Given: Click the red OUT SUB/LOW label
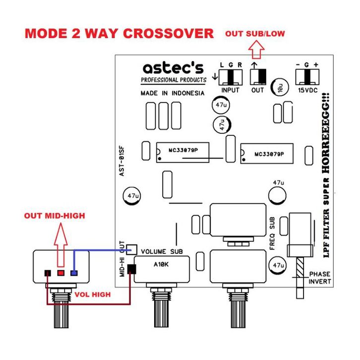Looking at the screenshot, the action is pyautogui.click(x=255, y=34).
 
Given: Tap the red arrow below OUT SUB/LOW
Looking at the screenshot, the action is pyautogui.click(x=256, y=50).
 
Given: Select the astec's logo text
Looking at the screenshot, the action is pyautogui.click(x=173, y=68).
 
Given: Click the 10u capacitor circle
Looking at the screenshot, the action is pyautogui.click(x=279, y=87).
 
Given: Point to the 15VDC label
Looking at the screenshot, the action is pyautogui.click(x=307, y=90).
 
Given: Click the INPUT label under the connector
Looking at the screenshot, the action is pyautogui.click(x=230, y=90).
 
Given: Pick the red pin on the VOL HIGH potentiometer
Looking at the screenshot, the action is pyautogui.click(x=61, y=273).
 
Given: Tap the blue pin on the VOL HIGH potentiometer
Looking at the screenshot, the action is pyautogui.click(x=74, y=273).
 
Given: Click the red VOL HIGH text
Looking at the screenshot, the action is pyautogui.click(x=93, y=295).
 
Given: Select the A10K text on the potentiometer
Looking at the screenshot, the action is pyautogui.click(x=161, y=264).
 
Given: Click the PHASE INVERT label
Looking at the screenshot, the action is pyautogui.click(x=320, y=278).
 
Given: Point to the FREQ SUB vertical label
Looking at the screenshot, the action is pyautogui.click(x=272, y=233).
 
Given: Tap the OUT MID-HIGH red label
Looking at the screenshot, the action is pyautogui.click(x=55, y=216).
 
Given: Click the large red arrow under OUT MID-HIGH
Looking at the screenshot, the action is pyautogui.click(x=61, y=245).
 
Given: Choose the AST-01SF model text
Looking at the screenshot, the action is pyautogui.click(x=121, y=161).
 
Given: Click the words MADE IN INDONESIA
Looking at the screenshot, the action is pyautogui.click(x=173, y=93).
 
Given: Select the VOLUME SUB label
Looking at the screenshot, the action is pyautogui.click(x=162, y=251).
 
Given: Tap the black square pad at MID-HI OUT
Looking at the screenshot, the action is pyautogui.click(x=131, y=269).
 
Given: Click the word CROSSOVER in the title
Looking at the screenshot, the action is pyautogui.click(x=169, y=34).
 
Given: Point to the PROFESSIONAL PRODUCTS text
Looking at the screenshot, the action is pyautogui.click(x=174, y=80).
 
